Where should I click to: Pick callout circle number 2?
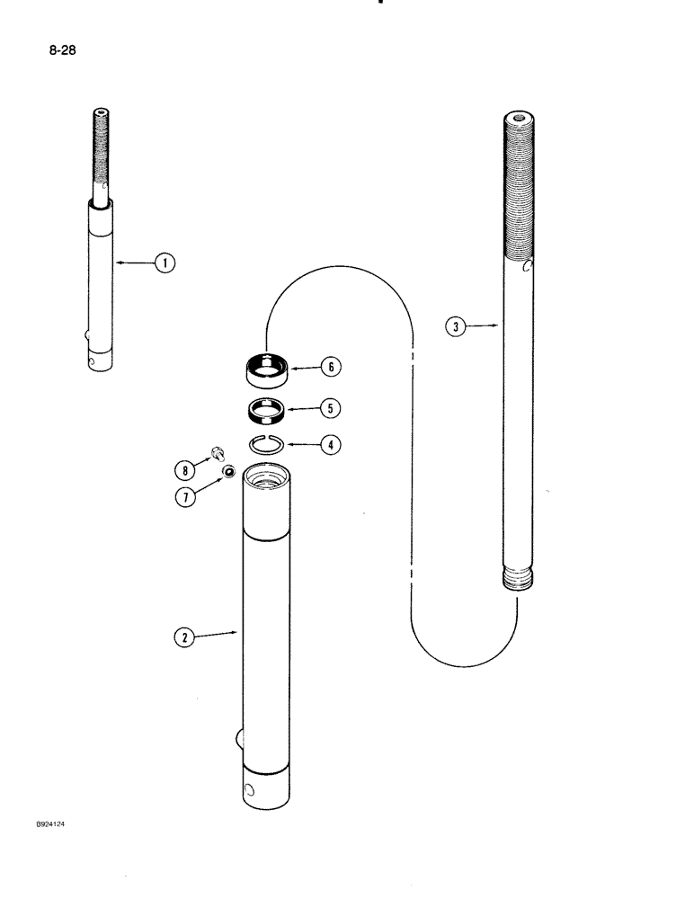point(183,636)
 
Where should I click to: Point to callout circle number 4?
point(331,443)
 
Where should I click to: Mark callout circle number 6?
point(332,367)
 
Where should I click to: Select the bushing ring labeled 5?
point(267,409)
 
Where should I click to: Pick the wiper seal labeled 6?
point(267,368)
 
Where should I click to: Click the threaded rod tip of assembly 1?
point(102,153)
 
